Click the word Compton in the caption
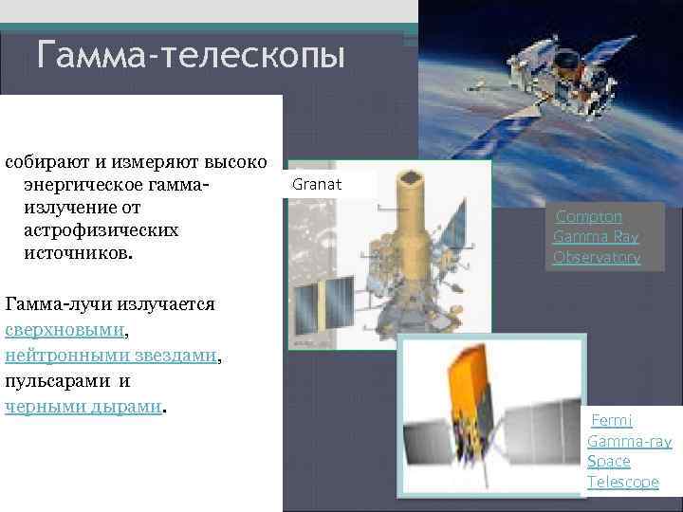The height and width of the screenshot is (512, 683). point(589,216)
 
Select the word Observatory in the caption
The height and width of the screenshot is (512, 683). point(597,257)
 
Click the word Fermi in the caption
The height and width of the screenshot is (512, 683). point(612,420)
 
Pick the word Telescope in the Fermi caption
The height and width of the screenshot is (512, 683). point(622,482)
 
